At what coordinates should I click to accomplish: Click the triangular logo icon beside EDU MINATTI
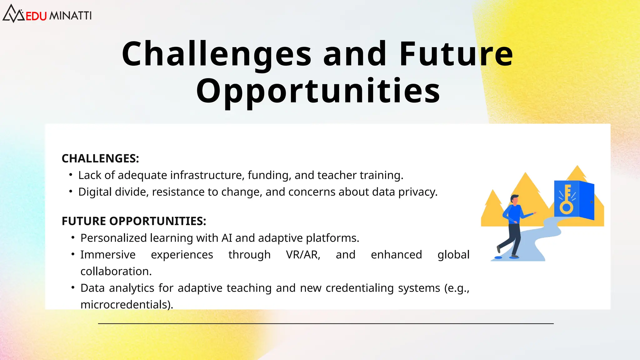(x=13, y=14)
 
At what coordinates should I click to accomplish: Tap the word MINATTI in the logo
(x=71, y=16)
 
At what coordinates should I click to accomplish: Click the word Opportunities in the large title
(x=318, y=91)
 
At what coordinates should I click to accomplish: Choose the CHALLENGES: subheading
(x=100, y=158)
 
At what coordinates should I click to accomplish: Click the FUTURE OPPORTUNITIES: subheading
(x=134, y=221)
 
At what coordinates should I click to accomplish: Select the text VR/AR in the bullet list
(x=303, y=255)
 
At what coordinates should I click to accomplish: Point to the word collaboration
(x=116, y=271)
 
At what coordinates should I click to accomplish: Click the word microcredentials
(x=127, y=304)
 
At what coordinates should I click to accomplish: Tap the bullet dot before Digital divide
(x=71, y=191)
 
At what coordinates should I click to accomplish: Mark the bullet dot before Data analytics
(x=73, y=287)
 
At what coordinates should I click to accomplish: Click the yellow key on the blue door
(x=567, y=200)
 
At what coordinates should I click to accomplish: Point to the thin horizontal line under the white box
(x=326, y=324)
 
